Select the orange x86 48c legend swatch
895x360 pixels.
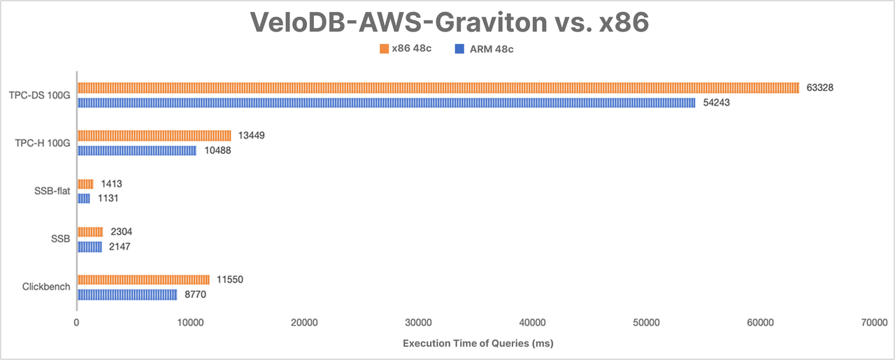click(383, 49)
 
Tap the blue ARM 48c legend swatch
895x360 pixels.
click(459, 49)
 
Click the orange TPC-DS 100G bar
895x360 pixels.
click(438, 87)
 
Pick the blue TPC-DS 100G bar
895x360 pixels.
click(386, 103)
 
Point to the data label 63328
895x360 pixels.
click(821, 87)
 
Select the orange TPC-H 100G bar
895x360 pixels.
click(154, 136)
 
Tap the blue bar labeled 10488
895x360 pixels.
click(136, 150)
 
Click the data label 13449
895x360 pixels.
click(250, 136)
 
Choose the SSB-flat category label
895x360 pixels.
click(52, 191)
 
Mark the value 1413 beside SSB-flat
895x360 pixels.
click(113, 184)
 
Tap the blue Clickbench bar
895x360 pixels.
click(127, 295)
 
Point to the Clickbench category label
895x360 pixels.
click(45, 287)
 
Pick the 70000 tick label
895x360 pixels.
click(874, 322)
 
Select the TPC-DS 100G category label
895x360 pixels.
click(40, 95)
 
